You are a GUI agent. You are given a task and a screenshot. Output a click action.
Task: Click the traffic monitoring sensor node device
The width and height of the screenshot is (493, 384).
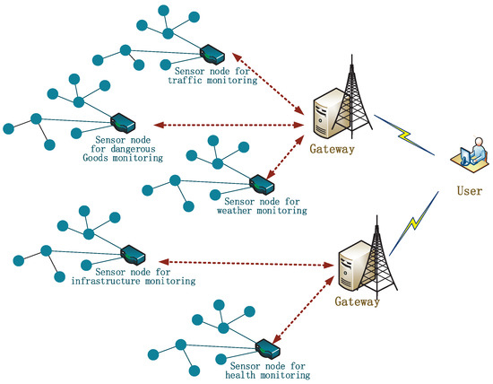click(212, 51)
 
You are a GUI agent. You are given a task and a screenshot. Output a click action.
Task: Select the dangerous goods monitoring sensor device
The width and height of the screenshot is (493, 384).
click(122, 121)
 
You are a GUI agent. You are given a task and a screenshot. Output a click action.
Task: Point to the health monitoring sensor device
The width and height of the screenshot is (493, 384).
click(265, 346)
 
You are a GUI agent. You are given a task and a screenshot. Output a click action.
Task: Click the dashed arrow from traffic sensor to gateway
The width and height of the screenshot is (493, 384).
click(264, 84)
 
